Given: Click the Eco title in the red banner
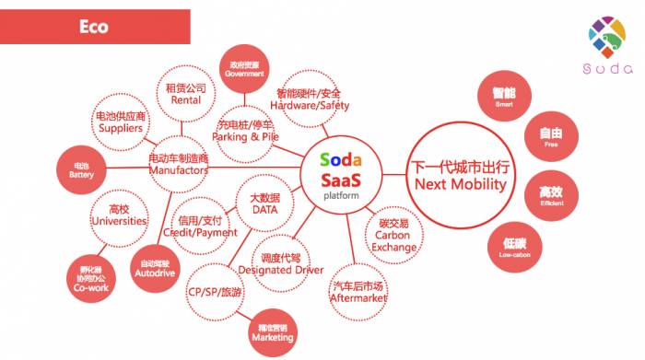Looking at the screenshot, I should pos(92,27).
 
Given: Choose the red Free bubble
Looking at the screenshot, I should pos(551,137).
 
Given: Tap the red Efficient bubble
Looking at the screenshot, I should pos(551,195).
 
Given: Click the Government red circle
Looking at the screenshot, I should pos(244,69).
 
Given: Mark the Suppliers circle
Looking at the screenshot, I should pos(121,122).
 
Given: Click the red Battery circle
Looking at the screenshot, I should pos(81,170).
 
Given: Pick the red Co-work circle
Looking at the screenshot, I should pos(92,279).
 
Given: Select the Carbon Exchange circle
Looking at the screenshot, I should pos(393,235).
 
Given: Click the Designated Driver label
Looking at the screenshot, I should pos(281,265).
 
